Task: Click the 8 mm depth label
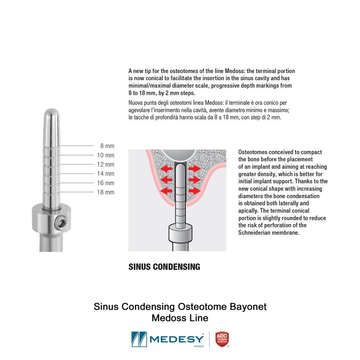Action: click(107, 146)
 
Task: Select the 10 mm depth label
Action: click(106, 155)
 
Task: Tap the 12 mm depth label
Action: click(106, 164)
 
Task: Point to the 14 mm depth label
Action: click(106, 174)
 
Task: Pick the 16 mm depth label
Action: click(106, 183)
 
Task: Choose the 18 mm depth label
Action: click(106, 192)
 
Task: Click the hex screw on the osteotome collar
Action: click(62, 223)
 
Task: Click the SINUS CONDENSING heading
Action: click(164, 267)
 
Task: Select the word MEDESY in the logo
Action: click(176, 339)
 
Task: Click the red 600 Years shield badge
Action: click(222, 339)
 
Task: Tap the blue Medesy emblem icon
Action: click(139, 339)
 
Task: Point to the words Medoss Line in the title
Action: click(180, 318)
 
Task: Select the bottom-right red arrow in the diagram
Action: click(194, 190)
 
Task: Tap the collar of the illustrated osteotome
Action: click(180, 233)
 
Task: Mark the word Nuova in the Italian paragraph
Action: click(135, 103)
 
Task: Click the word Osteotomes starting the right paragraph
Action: click(253, 152)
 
